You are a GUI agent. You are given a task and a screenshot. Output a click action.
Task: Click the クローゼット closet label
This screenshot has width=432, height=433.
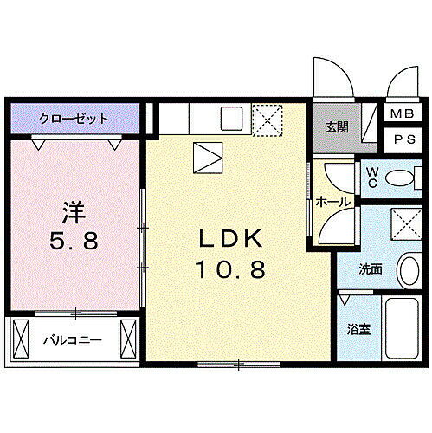point(73,118)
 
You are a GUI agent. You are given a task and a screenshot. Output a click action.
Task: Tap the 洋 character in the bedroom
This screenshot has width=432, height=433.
point(73,211)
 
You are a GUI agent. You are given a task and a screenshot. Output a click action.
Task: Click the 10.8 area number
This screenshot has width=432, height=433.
point(231,269)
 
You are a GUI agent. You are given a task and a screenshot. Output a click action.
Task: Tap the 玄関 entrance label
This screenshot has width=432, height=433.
point(337,127)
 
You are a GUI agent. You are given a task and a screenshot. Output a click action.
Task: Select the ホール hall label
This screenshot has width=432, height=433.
point(332,202)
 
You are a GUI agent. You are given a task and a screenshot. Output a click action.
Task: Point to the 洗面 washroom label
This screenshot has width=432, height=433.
point(371,269)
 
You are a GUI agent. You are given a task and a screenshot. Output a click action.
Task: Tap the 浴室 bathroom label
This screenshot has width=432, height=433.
point(358,329)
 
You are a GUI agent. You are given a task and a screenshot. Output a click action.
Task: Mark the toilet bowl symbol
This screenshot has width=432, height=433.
point(400,180)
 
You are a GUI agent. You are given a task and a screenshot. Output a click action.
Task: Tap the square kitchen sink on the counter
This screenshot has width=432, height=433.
point(231,118)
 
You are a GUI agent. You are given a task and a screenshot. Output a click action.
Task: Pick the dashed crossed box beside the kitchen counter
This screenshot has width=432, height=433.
point(266,119)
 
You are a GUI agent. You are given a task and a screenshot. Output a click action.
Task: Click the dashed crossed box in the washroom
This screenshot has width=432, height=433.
point(403,223)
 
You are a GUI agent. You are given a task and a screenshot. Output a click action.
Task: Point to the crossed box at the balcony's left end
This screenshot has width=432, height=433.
point(22,339)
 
